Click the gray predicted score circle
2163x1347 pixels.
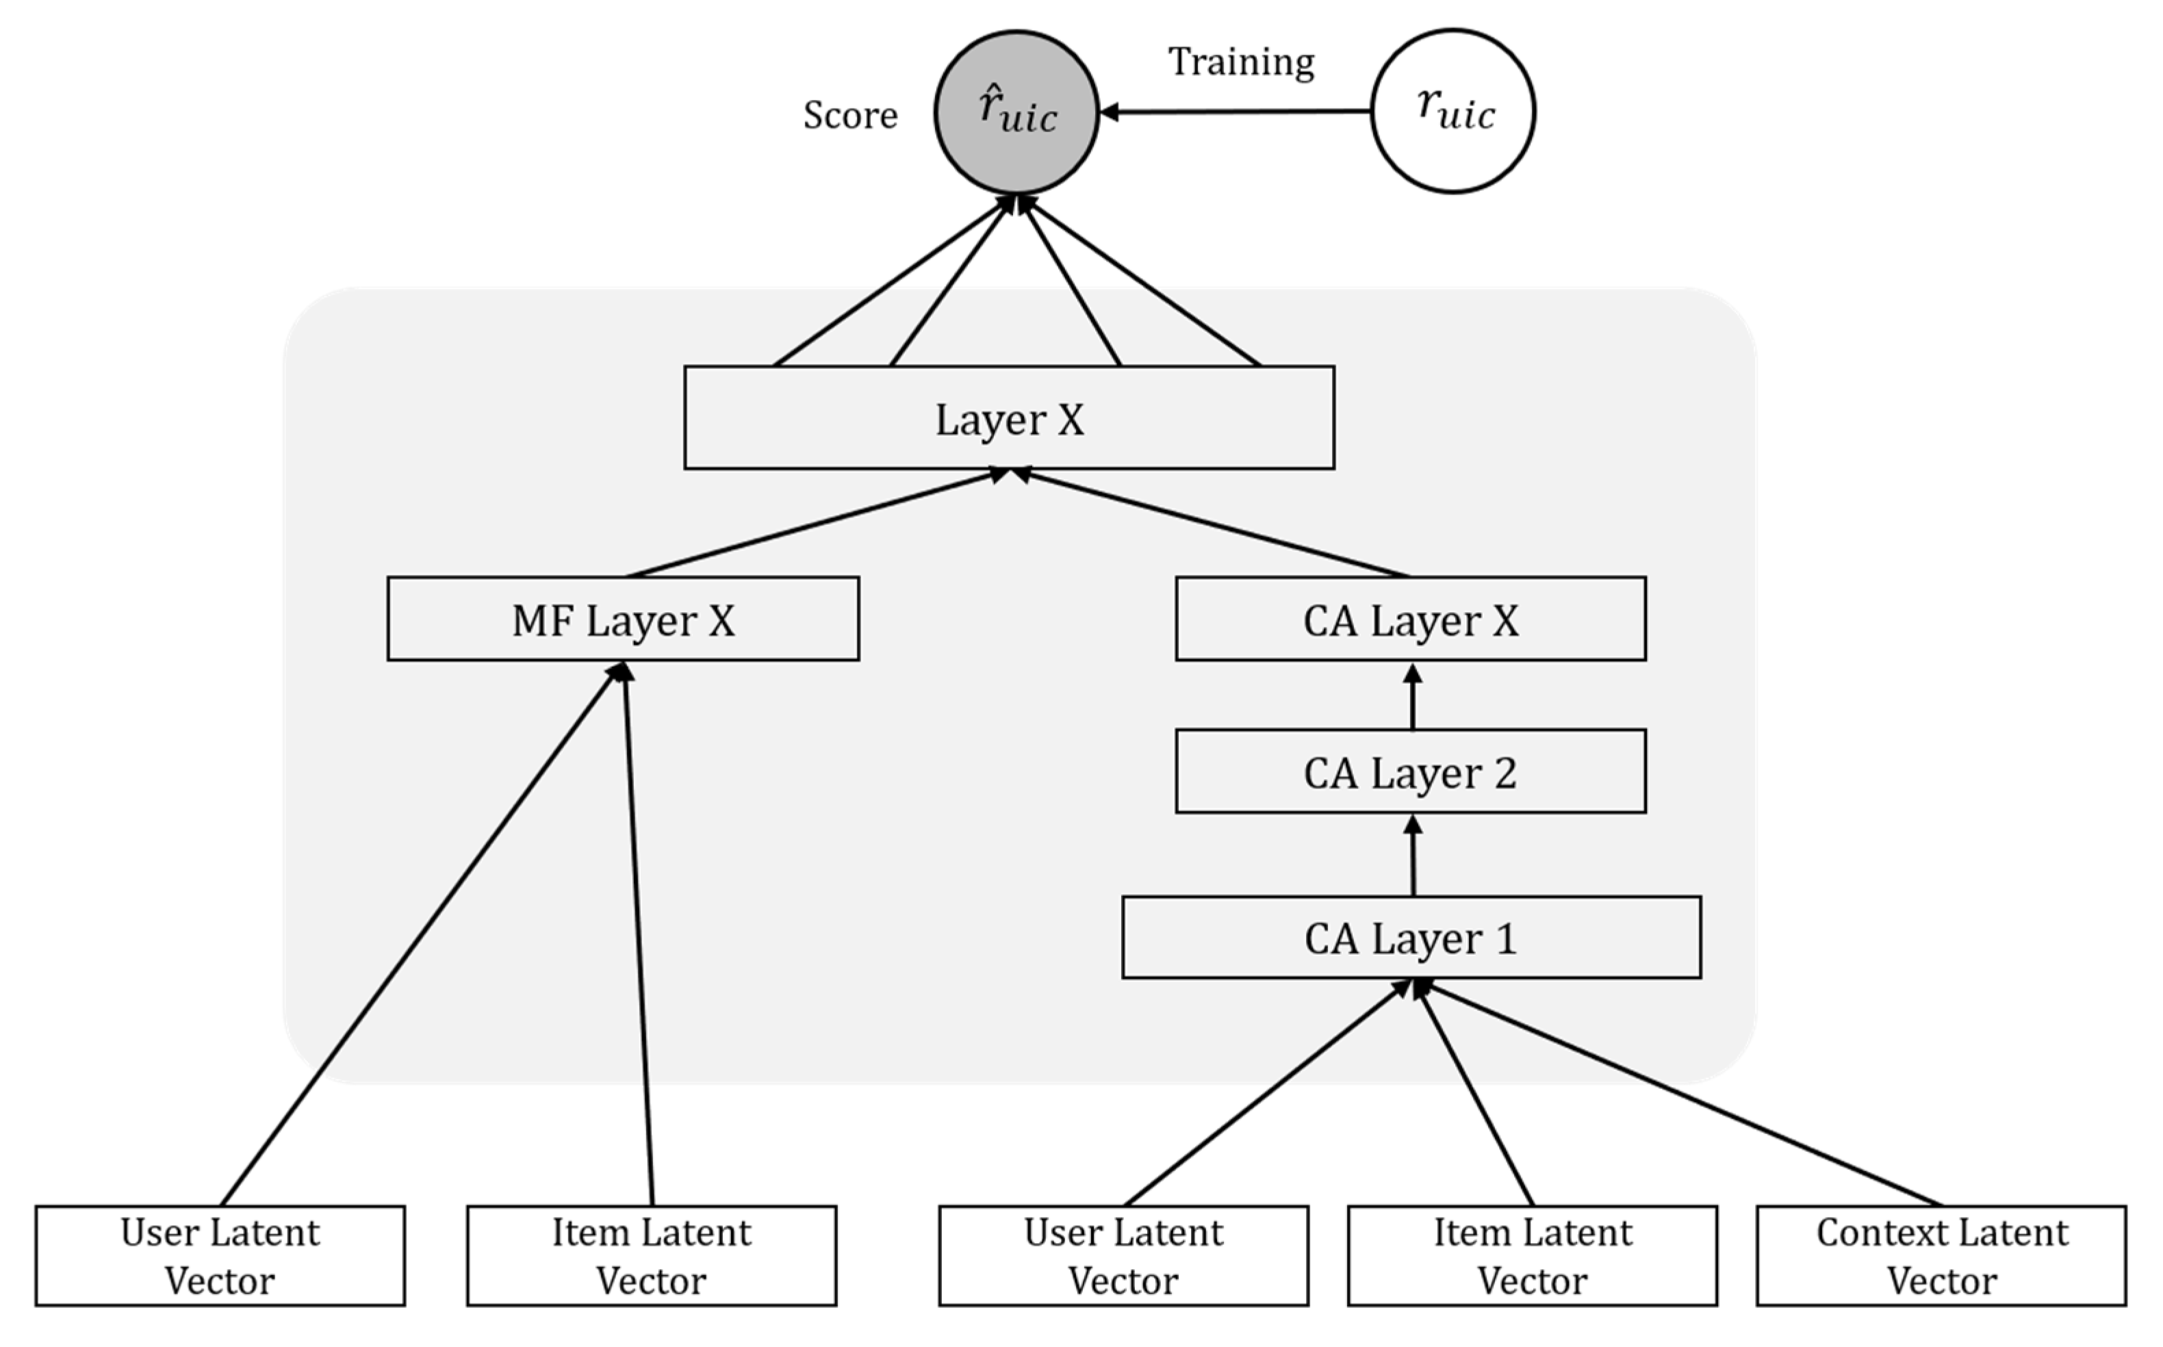(1016, 112)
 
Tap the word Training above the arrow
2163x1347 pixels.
(1241, 62)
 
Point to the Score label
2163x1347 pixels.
(850, 116)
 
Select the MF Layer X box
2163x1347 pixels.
(623, 619)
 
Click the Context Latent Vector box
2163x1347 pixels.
(1941, 1256)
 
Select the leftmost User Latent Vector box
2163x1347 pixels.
(220, 1256)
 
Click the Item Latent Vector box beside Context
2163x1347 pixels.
(1533, 1256)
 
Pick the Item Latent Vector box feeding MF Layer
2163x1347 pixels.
(651, 1256)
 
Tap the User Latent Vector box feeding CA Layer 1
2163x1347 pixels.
(1123, 1256)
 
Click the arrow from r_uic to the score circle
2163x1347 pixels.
(1238, 112)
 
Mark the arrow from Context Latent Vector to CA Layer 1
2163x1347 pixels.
(1684, 1096)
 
